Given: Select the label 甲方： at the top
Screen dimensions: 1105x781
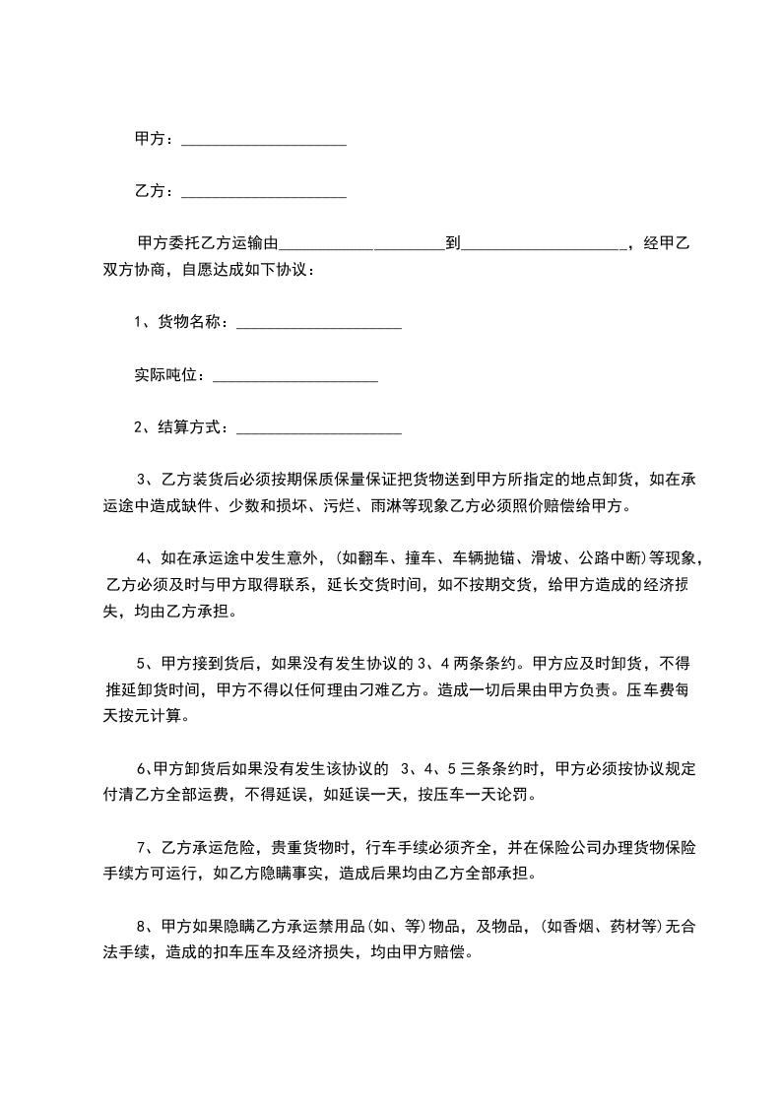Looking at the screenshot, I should click(x=155, y=140).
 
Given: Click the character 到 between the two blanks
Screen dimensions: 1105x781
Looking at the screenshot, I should click(x=453, y=244).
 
